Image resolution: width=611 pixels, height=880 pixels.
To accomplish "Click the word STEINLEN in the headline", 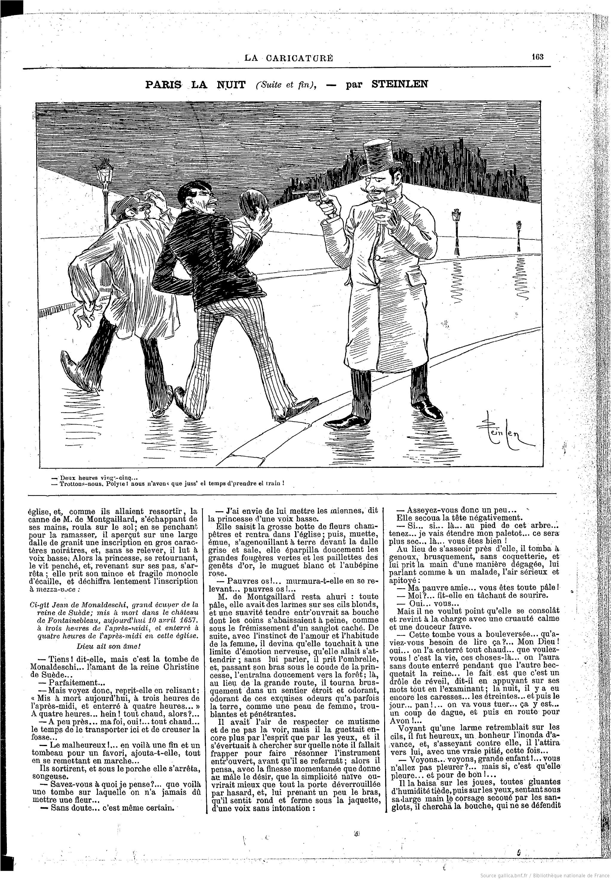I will (x=400, y=84).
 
